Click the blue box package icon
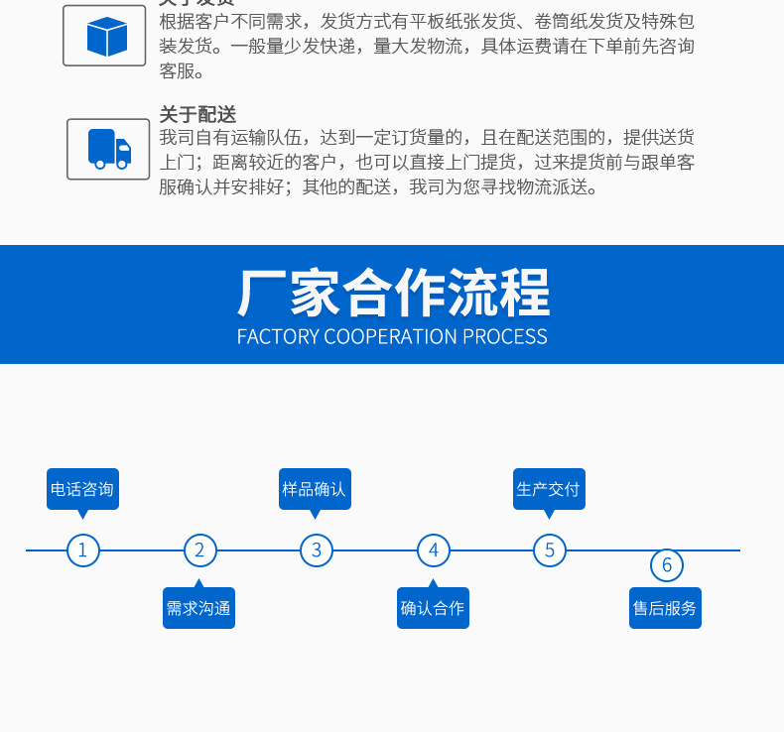(107, 37)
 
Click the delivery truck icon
(109, 149)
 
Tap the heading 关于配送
(197, 114)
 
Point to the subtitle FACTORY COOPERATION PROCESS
(392, 336)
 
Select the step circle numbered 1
(83, 549)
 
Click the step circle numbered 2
(199, 549)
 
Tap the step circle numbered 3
(317, 549)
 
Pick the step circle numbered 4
(433, 549)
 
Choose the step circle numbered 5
(550, 549)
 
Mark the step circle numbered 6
(667, 565)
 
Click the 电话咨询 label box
(82, 489)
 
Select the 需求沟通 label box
(198, 608)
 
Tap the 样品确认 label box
(315, 489)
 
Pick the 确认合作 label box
(433, 608)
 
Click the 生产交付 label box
(549, 489)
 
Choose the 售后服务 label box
(665, 608)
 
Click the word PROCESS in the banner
(503, 336)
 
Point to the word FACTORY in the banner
(278, 336)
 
